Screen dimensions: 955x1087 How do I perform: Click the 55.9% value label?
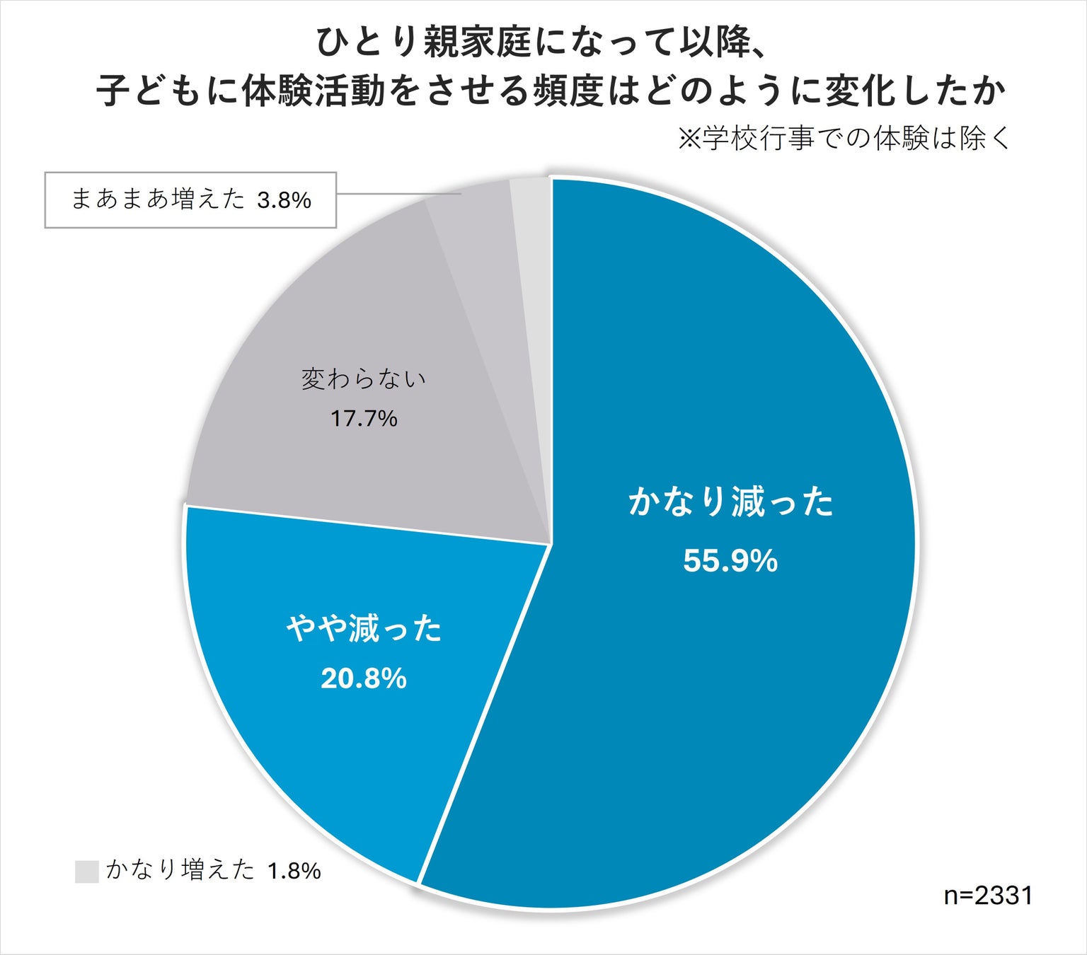(730, 561)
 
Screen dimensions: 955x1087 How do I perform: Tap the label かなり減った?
(730, 502)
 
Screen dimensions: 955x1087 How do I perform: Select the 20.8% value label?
(364, 678)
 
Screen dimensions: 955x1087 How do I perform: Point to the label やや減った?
(364, 628)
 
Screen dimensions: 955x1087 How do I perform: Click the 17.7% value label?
(364, 419)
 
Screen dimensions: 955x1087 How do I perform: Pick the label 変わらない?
(364, 379)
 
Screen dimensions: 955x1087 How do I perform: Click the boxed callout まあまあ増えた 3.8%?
(190, 200)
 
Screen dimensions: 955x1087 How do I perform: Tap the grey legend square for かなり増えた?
(86, 871)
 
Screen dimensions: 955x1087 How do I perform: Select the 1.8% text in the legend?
(294, 871)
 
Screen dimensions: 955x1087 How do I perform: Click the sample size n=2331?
(988, 896)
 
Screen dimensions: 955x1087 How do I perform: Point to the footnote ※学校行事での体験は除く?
(844, 139)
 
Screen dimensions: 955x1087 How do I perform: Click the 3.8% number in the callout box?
(284, 201)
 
